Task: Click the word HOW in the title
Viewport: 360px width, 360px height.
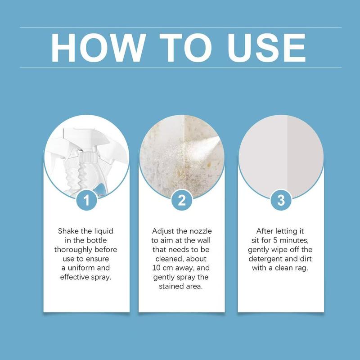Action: tap(98, 47)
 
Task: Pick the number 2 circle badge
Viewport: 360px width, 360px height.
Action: tap(181, 200)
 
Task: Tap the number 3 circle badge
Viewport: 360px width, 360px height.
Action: tap(281, 200)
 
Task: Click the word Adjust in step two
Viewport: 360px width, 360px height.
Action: tap(163, 231)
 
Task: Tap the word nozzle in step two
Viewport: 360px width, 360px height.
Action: tap(200, 231)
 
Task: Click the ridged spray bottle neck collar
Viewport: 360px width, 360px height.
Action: tap(89, 155)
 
